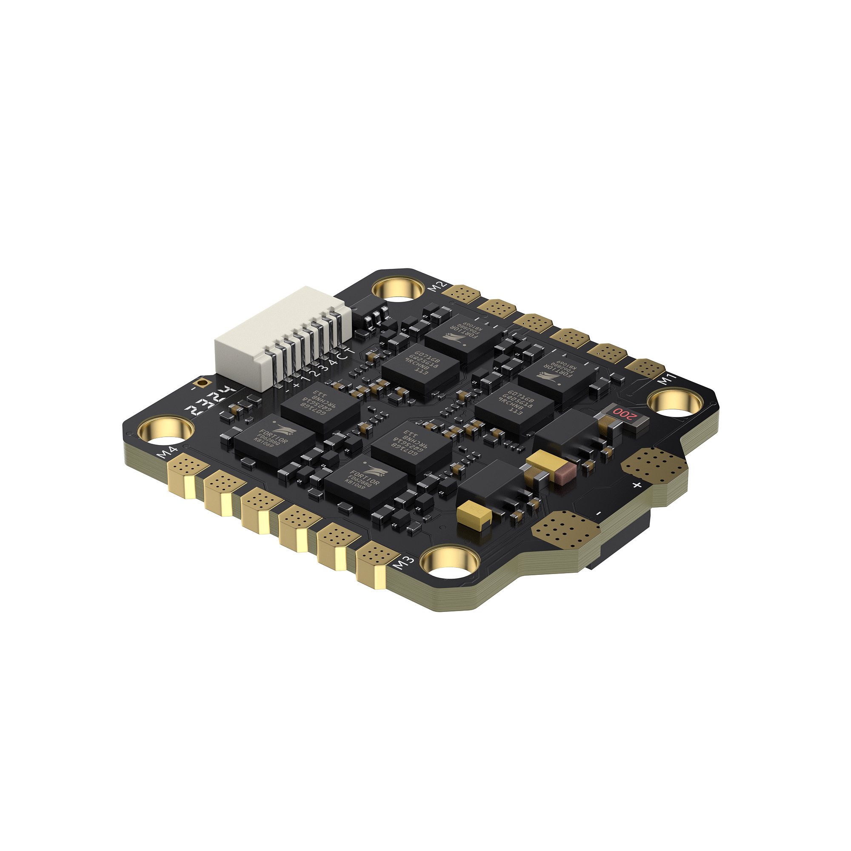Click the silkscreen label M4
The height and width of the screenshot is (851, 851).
pos(168,453)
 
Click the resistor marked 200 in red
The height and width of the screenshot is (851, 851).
pos(623,414)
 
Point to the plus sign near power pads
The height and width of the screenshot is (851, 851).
pos(636,485)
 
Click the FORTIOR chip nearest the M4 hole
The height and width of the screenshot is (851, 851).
pos(274,439)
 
